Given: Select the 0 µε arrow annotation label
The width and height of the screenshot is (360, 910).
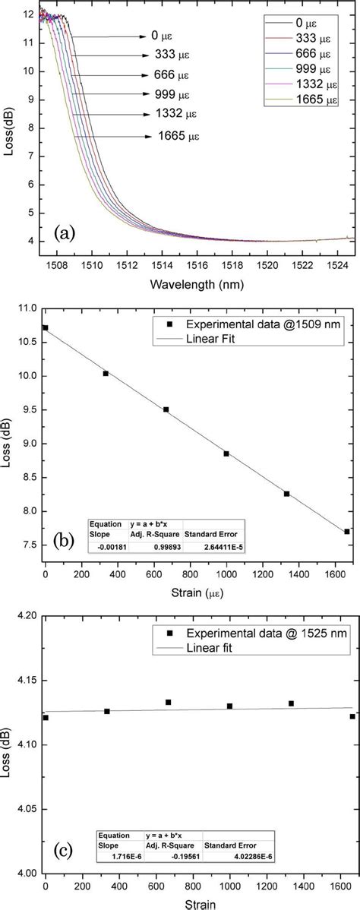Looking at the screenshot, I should pyautogui.click(x=155, y=36).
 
